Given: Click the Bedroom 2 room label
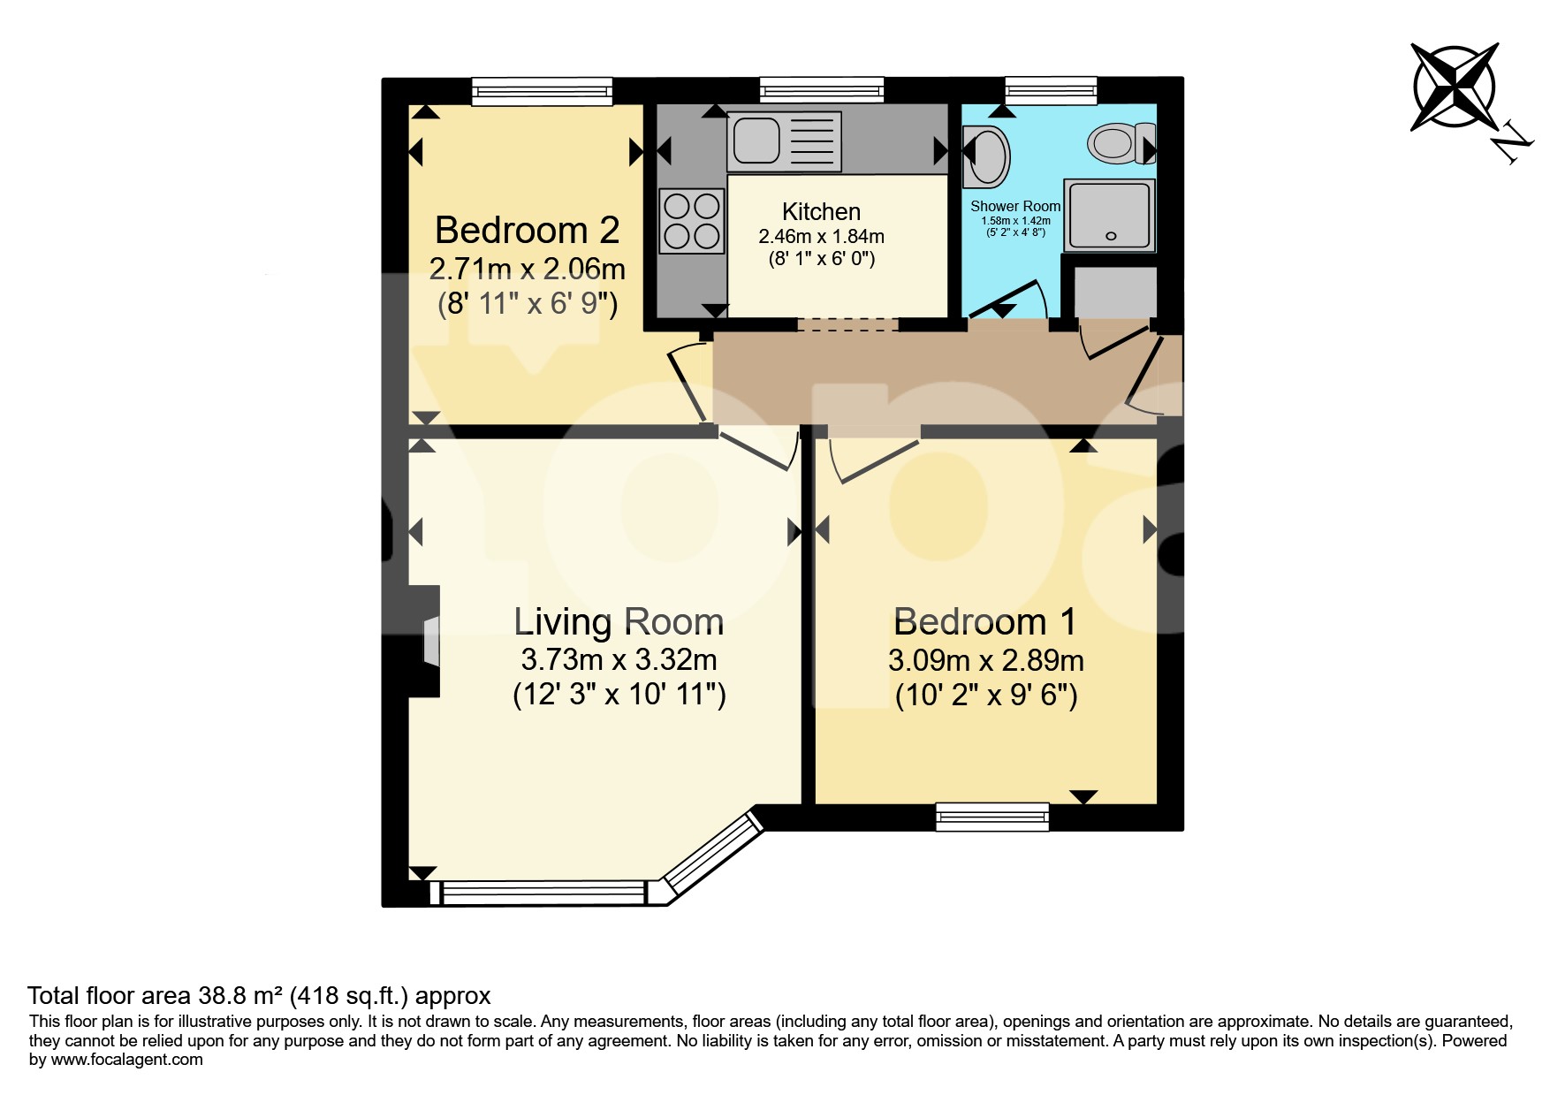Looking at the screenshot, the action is click(x=527, y=230).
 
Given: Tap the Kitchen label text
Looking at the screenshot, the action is click(x=821, y=212).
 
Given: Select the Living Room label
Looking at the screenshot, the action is click(x=619, y=621).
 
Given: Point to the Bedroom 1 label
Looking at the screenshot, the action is click(x=985, y=621).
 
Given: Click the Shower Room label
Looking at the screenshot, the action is click(x=1015, y=206).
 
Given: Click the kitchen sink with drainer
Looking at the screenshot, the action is click(x=784, y=143).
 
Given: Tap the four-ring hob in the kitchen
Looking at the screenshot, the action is click(x=691, y=221).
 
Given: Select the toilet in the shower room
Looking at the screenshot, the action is click(x=1121, y=143).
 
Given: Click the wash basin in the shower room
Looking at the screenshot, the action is click(x=985, y=157).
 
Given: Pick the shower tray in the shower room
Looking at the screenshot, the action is click(x=1110, y=215).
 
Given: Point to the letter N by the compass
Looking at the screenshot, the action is click(x=1513, y=145).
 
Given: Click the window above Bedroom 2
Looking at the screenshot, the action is click(x=542, y=91).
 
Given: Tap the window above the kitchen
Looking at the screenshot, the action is click(x=822, y=90).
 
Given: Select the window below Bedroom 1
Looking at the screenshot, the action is click(x=992, y=817).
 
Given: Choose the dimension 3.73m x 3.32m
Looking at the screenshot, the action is click(x=619, y=660).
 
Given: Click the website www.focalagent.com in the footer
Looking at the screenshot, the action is click(x=127, y=1060).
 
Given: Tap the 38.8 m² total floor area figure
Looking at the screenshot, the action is click(x=239, y=996).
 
